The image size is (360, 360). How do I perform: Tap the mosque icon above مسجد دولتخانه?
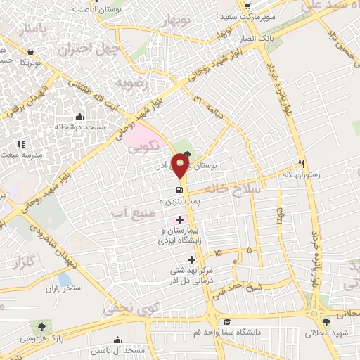79,117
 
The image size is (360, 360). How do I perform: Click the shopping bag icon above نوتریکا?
31,51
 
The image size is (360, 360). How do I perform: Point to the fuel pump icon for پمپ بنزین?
180,190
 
